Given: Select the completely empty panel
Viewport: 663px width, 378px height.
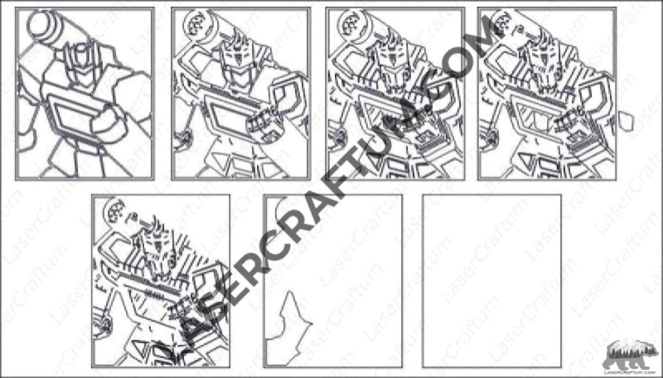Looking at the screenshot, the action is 491,281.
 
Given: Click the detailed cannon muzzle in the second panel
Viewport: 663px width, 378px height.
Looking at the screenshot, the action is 196,23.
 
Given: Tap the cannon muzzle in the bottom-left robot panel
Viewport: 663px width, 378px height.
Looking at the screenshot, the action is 114,210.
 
